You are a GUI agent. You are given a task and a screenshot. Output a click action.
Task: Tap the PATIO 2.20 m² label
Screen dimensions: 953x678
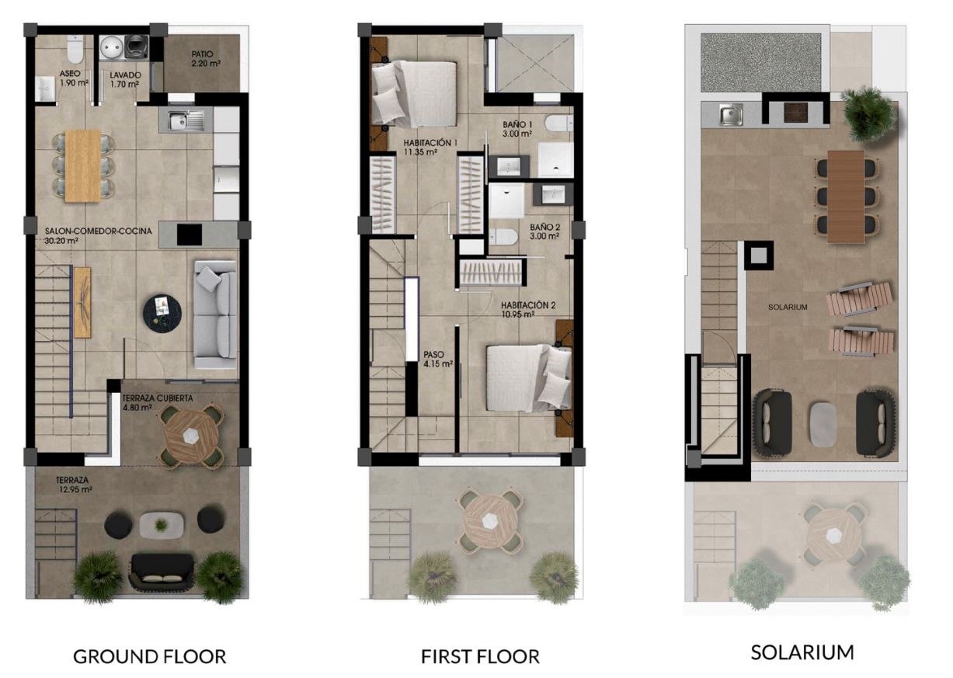pyautogui.click(x=206, y=59)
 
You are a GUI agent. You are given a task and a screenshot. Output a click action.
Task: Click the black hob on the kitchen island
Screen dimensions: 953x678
pyautogui.click(x=190, y=235)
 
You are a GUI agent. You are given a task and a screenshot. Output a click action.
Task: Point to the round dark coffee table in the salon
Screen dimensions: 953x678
pyautogui.click(x=162, y=314)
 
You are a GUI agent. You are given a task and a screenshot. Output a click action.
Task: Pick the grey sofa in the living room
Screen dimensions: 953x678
pyautogui.click(x=215, y=315)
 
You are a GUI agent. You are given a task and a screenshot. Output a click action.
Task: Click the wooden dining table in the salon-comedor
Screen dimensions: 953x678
pyautogui.click(x=83, y=165)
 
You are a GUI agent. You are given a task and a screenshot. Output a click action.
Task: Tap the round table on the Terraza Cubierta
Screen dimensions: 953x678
pyautogui.click(x=190, y=436)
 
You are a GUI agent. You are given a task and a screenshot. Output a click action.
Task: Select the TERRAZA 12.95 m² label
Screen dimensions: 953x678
pyautogui.click(x=74, y=485)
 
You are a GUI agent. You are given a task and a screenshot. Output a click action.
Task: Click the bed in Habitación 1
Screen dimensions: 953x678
pyautogui.click(x=415, y=94)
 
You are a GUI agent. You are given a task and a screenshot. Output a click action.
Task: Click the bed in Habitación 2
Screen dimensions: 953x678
pyautogui.click(x=529, y=378)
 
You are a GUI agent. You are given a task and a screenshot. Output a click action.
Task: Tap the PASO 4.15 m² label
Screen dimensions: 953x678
pyautogui.click(x=438, y=359)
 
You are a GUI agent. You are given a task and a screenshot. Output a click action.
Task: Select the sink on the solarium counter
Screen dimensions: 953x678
pyautogui.click(x=731, y=116)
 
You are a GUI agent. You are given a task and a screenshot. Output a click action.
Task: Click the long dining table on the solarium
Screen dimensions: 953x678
pyautogui.click(x=846, y=196)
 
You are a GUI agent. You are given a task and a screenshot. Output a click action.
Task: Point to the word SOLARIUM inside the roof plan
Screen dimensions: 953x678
pyautogui.click(x=788, y=307)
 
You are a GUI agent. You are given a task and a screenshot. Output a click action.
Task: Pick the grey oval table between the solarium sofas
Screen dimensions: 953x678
pyautogui.click(x=823, y=425)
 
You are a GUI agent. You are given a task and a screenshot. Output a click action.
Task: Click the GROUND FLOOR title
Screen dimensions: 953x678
pyautogui.click(x=149, y=657)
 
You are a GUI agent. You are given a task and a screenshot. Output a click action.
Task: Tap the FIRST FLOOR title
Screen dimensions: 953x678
pyautogui.click(x=480, y=657)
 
